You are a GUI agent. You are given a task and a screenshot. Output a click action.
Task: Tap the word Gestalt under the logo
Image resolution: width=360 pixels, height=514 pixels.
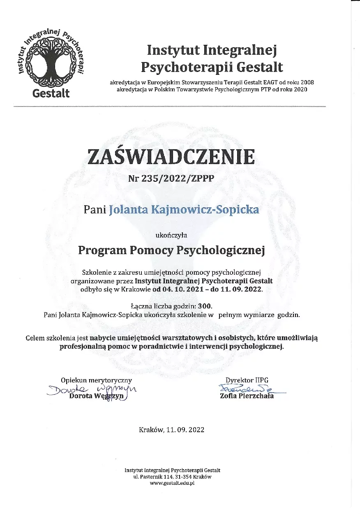[51, 93]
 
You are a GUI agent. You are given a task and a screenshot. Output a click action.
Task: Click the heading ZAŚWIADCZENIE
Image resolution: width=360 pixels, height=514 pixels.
[171, 157]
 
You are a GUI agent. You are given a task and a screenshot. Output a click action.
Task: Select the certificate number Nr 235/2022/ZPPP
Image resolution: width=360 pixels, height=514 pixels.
[171, 178]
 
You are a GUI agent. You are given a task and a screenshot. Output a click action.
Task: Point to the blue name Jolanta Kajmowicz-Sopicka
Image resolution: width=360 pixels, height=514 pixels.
[184, 210]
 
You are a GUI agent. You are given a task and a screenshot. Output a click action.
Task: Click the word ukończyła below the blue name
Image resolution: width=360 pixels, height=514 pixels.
[171, 235]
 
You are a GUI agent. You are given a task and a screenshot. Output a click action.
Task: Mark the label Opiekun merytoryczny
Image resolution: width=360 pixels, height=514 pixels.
[96, 380]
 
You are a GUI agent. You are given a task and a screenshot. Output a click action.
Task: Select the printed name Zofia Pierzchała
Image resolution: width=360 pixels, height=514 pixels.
[247, 396]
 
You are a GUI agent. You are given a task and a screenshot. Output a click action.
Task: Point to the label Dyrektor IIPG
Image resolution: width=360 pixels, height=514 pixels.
[247, 380]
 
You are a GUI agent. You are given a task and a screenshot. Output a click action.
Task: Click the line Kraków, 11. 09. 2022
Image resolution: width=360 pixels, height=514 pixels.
[171, 430]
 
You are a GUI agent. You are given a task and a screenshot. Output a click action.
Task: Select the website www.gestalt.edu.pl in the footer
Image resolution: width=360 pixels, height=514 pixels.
[172, 483]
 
